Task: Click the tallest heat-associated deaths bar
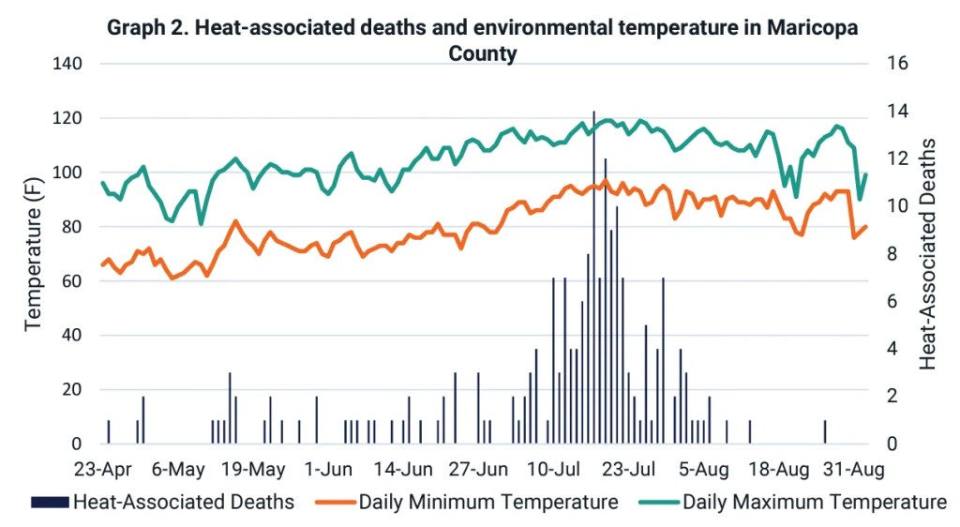pos(593,281)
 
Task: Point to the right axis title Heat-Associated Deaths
pos(928,254)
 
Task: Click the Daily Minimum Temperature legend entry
pos(487,502)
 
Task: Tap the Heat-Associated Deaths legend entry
pos(183,502)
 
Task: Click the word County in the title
pos(482,53)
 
